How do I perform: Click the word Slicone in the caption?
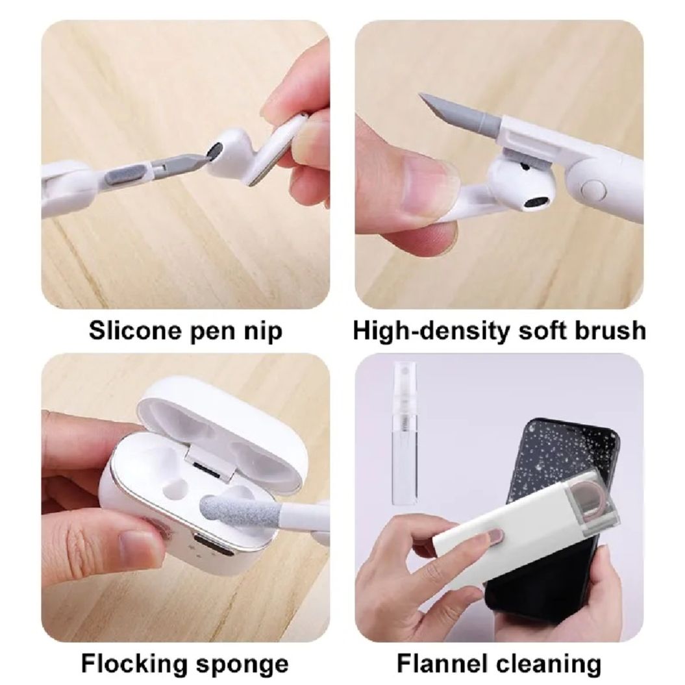click(131, 330)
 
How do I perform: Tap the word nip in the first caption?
click(264, 331)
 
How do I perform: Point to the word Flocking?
click(131, 664)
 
